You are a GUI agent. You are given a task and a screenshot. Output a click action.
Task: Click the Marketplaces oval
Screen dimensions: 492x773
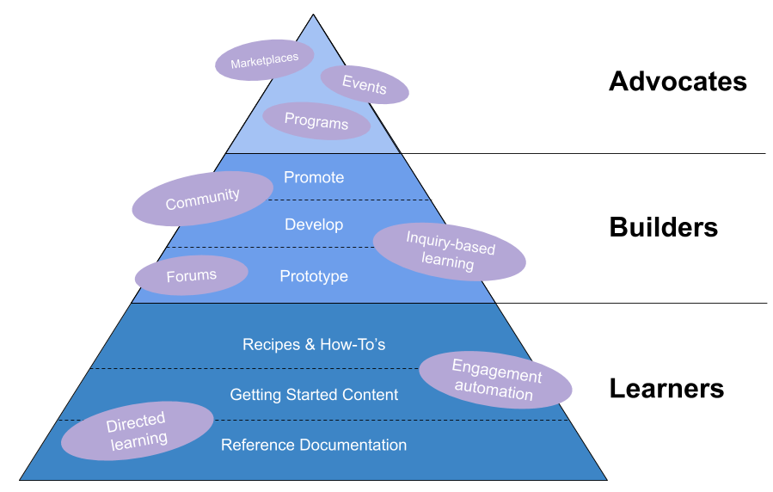tap(264, 60)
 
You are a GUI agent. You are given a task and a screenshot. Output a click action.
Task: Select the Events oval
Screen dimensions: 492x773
tap(365, 84)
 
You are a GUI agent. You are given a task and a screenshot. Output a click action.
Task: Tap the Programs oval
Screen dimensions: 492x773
tap(316, 121)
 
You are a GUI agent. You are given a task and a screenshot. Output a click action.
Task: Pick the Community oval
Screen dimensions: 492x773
tap(202, 199)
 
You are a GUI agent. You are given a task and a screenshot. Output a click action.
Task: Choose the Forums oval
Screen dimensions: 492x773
tap(191, 275)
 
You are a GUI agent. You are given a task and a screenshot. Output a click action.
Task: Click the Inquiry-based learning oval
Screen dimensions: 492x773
tap(450, 251)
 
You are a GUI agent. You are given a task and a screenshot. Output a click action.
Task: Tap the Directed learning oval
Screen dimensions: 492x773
tap(137, 430)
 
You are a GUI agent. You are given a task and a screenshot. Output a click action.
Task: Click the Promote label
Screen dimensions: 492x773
tap(314, 177)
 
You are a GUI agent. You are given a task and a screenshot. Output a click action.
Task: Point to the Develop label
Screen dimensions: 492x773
tap(314, 224)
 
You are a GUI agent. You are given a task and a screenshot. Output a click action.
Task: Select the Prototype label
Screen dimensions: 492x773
tap(314, 276)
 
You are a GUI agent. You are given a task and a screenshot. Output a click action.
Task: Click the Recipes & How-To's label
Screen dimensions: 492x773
tap(314, 345)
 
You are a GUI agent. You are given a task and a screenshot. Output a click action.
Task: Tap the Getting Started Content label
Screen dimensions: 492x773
tap(314, 395)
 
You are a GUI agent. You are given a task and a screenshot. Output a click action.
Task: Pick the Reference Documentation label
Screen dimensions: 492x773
tap(314, 445)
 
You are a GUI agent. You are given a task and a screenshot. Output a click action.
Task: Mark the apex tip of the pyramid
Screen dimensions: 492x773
tap(313, 17)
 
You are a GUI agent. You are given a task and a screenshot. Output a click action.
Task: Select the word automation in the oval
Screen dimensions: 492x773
tap(494, 391)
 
